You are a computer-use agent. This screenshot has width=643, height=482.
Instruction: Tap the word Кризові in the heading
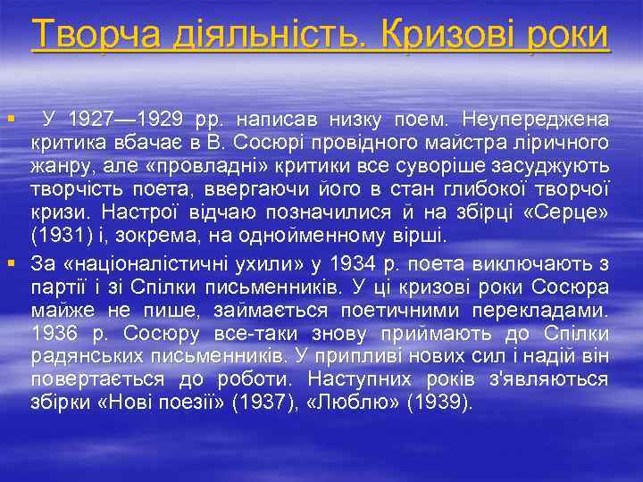(x=442, y=35)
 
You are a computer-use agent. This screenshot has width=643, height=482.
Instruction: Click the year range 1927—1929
(x=119, y=120)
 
